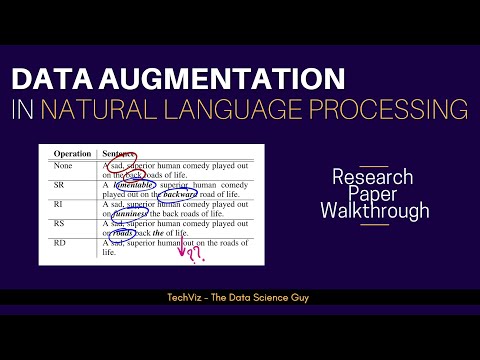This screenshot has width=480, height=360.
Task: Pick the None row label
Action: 62,167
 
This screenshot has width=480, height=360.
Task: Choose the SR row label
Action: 59,186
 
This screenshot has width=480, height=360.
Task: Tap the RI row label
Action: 58,205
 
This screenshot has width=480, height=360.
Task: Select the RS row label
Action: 59,224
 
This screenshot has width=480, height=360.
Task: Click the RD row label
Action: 59,243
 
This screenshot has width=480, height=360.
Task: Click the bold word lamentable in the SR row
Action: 138,186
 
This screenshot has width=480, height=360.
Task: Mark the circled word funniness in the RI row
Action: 131,213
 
